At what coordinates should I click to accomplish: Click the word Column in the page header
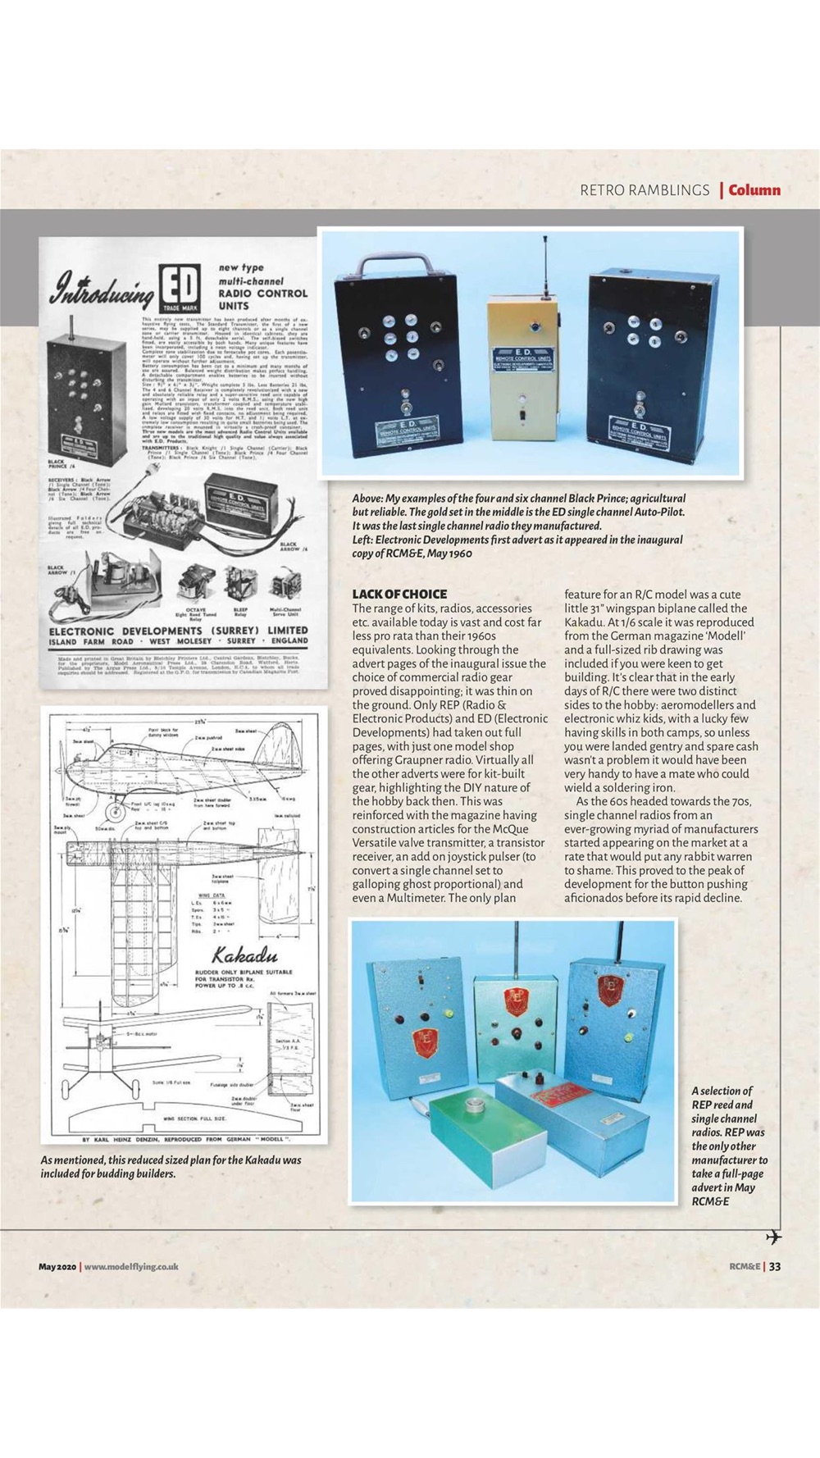[754, 190]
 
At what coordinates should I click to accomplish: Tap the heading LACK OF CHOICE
[399, 594]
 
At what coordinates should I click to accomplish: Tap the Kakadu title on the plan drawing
[244, 956]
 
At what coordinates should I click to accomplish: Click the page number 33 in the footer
[774, 1266]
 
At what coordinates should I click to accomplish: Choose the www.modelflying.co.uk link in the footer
[131, 1266]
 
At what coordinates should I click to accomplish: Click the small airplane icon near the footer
[772, 1237]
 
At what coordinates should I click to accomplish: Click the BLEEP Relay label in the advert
[240, 611]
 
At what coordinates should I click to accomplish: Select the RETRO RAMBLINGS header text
[645, 190]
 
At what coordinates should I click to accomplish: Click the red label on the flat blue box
[560, 1095]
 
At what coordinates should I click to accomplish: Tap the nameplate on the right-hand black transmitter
[640, 429]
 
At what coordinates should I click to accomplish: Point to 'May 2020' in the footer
[57, 1266]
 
